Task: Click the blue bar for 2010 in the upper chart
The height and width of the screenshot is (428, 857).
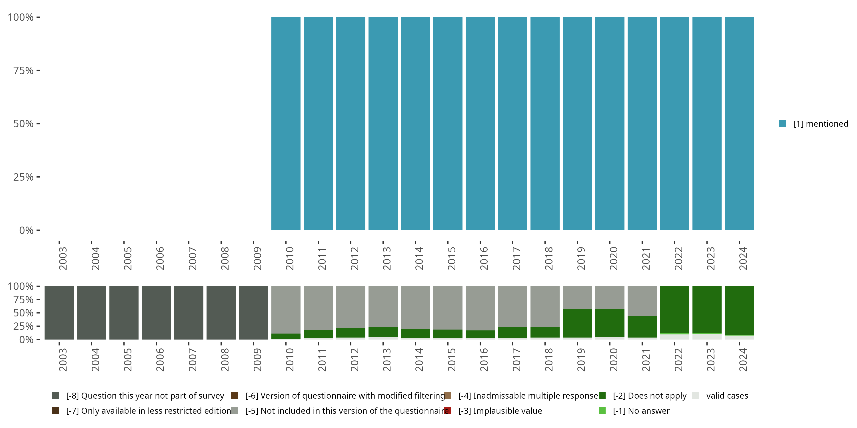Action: [286, 124]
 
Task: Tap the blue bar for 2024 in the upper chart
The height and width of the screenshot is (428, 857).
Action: [739, 124]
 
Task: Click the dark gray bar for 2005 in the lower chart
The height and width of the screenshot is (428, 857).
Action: [124, 313]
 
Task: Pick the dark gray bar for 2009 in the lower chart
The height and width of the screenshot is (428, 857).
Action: [253, 313]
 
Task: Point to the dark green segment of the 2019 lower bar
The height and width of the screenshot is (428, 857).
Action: [577, 323]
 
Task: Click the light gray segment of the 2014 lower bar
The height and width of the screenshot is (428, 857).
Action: [415, 307]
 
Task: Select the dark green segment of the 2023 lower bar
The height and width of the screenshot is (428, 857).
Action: [707, 309]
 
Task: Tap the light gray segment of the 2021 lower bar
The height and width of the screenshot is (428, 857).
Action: [642, 301]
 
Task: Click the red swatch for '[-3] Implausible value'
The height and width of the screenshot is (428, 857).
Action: [448, 411]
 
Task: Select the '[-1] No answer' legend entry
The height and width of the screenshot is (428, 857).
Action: [641, 411]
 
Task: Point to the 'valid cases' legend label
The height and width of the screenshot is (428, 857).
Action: [727, 396]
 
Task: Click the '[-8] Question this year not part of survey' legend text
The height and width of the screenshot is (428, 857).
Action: [145, 396]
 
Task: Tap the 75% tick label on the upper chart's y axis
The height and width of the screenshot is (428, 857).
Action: [23, 70]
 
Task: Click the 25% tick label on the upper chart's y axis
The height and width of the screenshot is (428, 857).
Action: [23, 177]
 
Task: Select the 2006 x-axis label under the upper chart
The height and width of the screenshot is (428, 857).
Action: [160, 259]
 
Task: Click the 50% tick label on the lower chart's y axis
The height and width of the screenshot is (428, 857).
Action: [23, 313]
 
